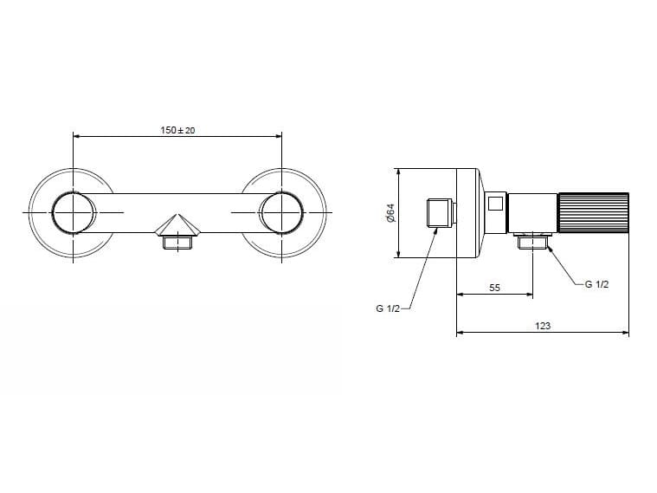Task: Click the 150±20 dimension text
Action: click(x=177, y=130)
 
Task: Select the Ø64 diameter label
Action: click(x=390, y=213)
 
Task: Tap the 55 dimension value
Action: click(x=494, y=288)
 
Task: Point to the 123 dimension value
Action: click(x=543, y=326)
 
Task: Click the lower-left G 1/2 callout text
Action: click(x=388, y=308)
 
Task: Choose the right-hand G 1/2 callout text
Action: click(x=596, y=284)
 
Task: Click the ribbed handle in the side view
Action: click(x=593, y=213)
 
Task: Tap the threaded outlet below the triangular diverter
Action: click(x=177, y=243)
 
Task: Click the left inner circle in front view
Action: click(x=74, y=212)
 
